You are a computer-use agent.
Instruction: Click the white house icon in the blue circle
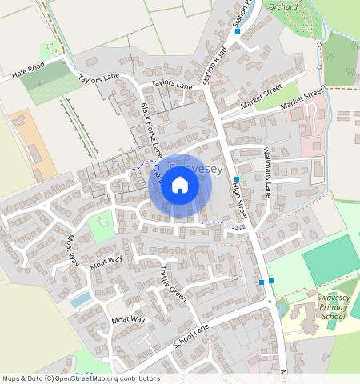(x=180, y=186)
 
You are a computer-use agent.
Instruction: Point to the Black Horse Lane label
(x=152, y=126)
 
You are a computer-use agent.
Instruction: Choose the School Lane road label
(x=190, y=340)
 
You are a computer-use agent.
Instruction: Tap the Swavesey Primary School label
(x=332, y=308)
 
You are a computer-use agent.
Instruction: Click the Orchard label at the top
(x=282, y=6)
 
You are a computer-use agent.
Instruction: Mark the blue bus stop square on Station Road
(x=238, y=31)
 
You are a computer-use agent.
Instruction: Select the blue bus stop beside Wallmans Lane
(x=238, y=179)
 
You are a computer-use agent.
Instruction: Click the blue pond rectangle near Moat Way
(x=81, y=299)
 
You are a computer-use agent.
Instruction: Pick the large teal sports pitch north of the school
(x=331, y=261)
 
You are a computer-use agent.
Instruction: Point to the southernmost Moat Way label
(x=130, y=320)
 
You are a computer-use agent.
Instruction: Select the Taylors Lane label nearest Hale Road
(x=98, y=83)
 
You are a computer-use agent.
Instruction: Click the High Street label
(x=238, y=203)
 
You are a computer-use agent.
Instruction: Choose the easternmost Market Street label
(x=302, y=98)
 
